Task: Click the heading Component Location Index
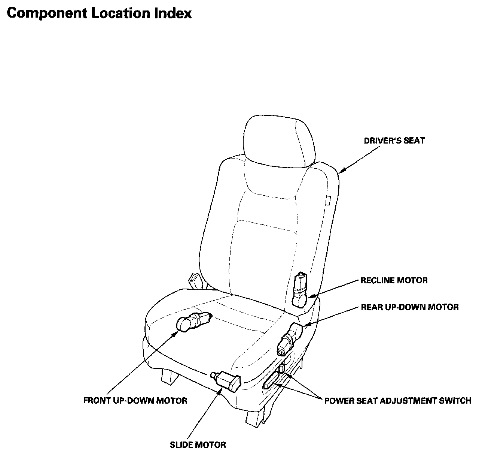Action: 99,13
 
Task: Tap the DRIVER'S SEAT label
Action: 394,141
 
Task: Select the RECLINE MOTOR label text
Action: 394,280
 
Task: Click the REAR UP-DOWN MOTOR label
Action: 409,307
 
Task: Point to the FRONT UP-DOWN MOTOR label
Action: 135,401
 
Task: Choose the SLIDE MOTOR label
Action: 198,445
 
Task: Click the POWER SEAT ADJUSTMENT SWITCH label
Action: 397,401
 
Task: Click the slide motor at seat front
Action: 227,380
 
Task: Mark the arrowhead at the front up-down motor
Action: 176,333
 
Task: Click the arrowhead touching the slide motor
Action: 220,390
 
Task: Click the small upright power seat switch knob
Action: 282,369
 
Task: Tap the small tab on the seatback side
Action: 329,201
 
